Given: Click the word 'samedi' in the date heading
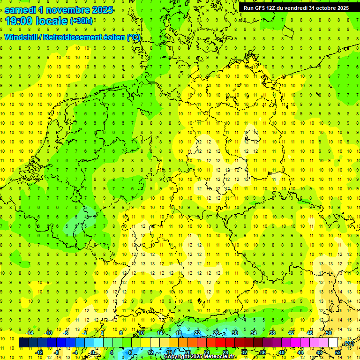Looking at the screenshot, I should (x=20, y=9).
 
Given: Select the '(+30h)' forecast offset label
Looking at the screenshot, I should (x=81, y=21).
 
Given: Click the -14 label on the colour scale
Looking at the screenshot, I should (x=29, y=333).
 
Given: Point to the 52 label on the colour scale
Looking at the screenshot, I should (x=337, y=352).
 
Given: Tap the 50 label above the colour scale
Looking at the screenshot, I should (x=329, y=333).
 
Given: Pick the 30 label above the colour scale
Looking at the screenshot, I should (x=235, y=333).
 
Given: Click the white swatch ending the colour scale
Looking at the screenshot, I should (x=333, y=343).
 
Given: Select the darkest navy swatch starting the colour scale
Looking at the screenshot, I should (x=23, y=343).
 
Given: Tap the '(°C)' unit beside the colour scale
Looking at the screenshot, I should (x=348, y=344).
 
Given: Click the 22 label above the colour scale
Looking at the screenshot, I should (x=197, y=333).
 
